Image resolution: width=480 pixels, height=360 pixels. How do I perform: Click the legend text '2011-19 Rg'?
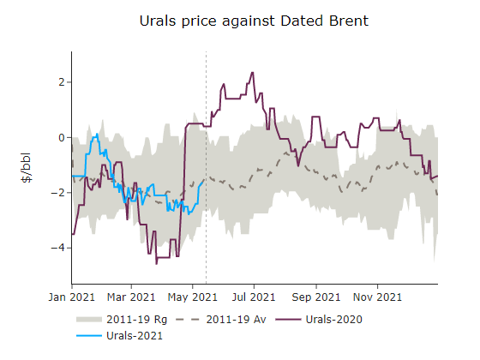click(130, 320)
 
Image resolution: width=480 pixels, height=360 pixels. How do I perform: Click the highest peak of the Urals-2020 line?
click(252, 73)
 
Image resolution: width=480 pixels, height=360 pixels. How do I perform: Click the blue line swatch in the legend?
click(86, 336)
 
